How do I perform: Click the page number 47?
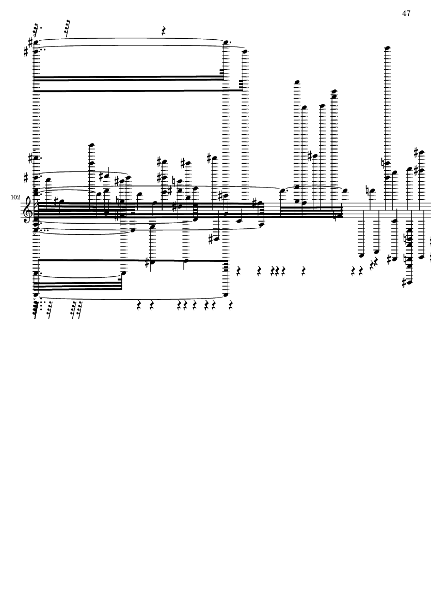click(x=406, y=13)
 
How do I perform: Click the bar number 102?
click(x=15, y=197)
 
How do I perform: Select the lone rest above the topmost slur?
click(x=164, y=31)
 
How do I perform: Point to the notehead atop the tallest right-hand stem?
click(x=387, y=48)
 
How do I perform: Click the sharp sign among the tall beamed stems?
click(x=310, y=157)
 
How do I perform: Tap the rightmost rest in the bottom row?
click(x=231, y=305)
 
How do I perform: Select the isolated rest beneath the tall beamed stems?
click(x=304, y=271)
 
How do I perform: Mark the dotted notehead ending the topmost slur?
click(x=226, y=42)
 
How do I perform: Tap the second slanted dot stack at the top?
click(x=68, y=28)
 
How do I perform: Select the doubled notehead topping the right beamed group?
click(x=333, y=94)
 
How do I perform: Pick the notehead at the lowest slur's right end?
click(x=226, y=294)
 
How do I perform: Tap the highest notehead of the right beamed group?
click(x=297, y=82)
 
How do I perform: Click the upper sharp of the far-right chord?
click(x=416, y=152)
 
